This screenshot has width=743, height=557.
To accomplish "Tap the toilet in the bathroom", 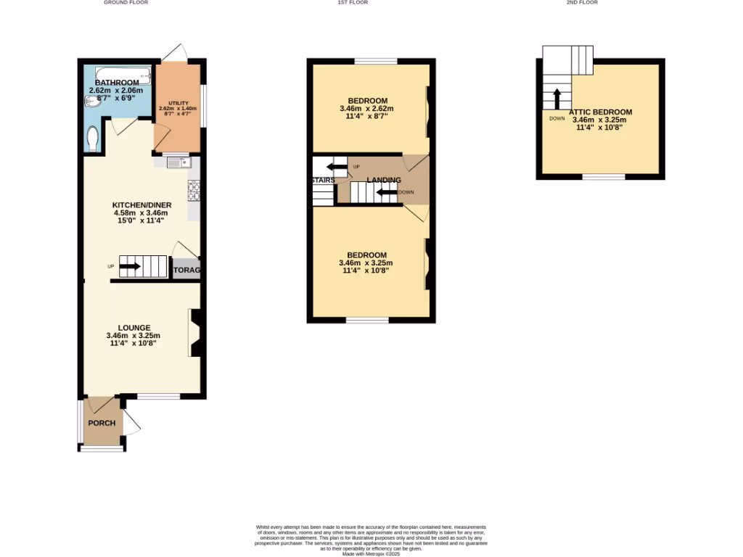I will [92, 139].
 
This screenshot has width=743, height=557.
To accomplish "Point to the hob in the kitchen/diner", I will [194, 190].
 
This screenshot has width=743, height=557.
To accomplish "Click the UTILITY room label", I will [178, 104].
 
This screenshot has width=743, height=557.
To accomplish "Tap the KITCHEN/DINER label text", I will [141, 205].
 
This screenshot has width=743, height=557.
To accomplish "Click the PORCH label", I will [102, 423].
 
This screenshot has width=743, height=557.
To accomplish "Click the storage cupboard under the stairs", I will [186, 269].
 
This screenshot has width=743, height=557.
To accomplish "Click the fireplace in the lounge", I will [195, 333].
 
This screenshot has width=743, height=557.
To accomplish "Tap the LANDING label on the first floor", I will [383, 180].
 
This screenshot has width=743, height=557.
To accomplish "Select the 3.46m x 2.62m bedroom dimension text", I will [366, 109].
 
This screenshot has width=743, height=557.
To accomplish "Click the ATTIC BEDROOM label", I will [602, 112].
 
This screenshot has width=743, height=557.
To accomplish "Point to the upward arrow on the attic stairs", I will [557, 99].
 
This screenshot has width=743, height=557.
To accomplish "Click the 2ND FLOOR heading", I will [582, 3].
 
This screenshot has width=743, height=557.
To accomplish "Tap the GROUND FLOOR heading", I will [126, 3].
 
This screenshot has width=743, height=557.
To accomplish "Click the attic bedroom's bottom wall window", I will [603, 176].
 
